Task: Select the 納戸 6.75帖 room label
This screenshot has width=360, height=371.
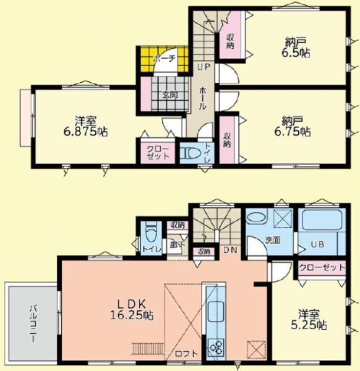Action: [298, 126]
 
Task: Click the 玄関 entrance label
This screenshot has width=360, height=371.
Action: [171, 95]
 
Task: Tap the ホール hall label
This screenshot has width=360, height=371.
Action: [202, 99]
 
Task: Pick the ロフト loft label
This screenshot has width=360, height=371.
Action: [186, 353]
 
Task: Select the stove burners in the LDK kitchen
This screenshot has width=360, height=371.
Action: [217, 349]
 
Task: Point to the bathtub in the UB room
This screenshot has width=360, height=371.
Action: [321, 222]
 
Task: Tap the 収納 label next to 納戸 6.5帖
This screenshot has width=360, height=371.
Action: [231, 40]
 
